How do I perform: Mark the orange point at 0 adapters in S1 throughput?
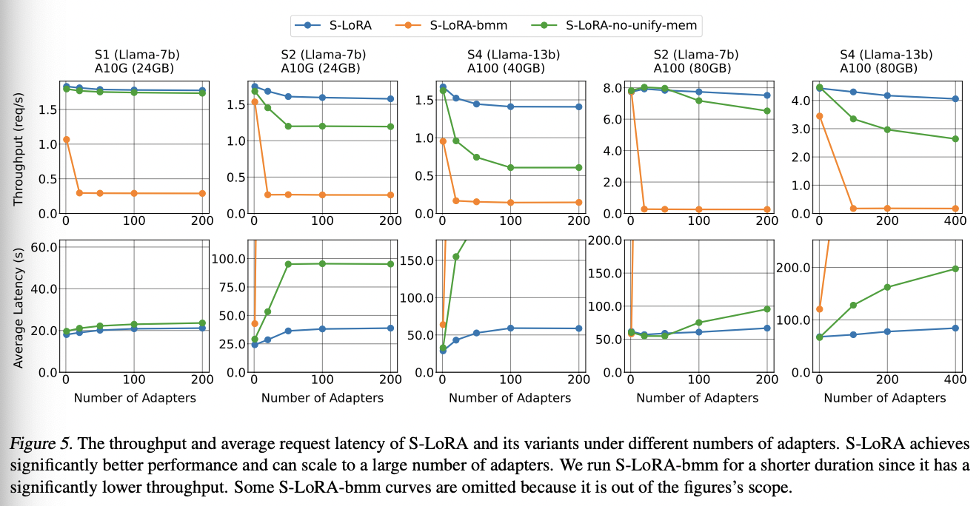66,139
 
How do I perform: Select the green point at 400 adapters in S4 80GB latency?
955,269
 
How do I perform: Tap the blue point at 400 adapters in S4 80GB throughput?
955,98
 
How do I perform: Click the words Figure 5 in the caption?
40,445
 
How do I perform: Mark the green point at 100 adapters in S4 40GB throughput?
510,168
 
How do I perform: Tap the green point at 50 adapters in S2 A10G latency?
288,264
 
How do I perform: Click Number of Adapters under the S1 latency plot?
135,398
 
